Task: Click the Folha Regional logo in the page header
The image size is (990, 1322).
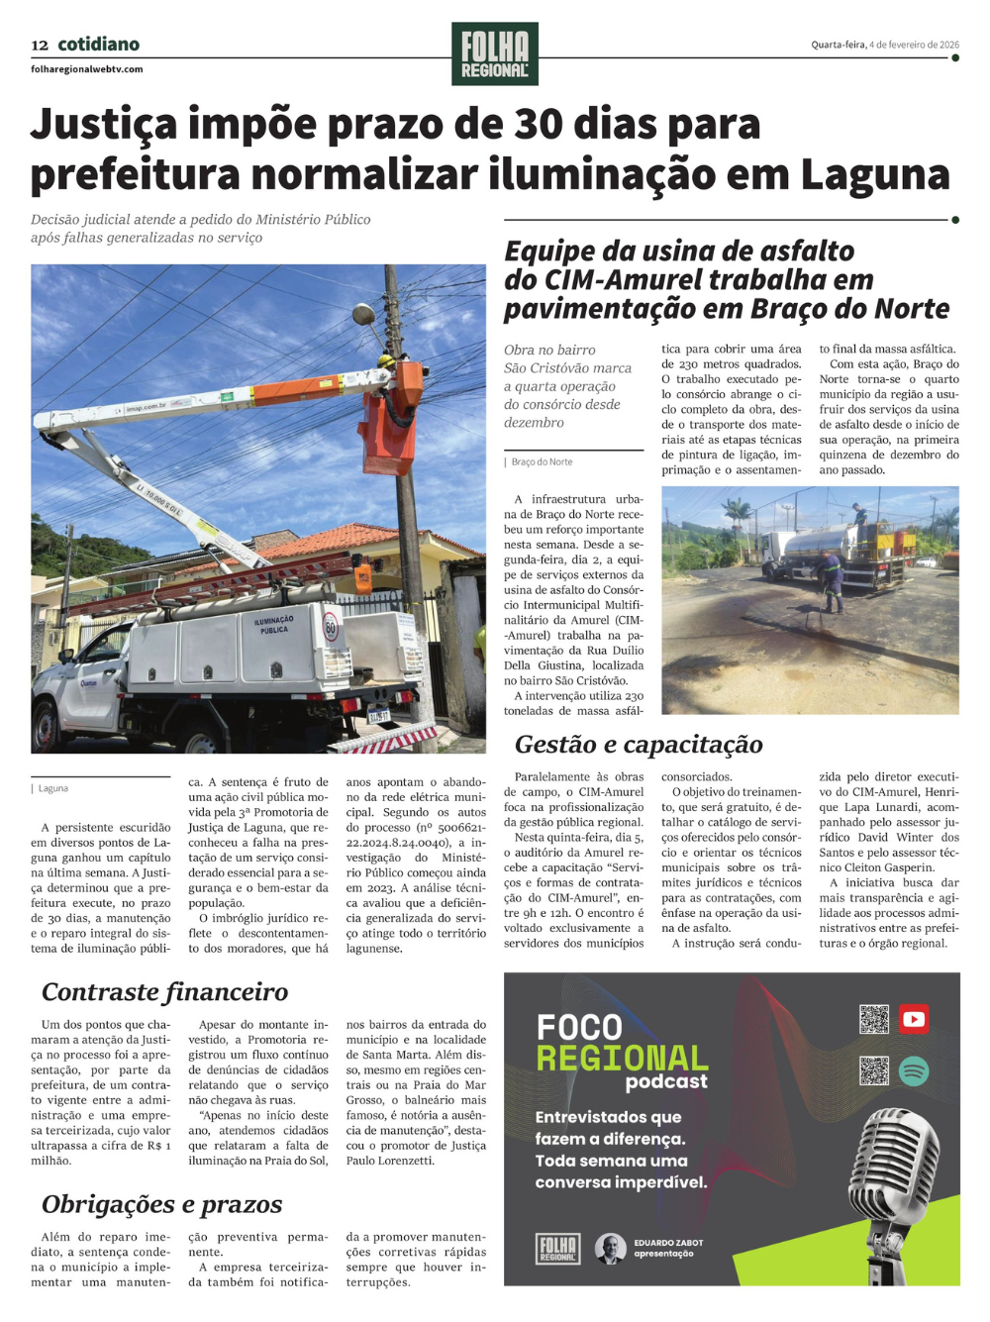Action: (494, 53)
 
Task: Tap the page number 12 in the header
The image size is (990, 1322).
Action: (40, 45)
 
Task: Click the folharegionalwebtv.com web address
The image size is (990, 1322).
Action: (87, 69)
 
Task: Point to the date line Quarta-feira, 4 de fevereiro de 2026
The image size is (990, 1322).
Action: (884, 45)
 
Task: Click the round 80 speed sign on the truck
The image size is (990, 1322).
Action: (331, 628)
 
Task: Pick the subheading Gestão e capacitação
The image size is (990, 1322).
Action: (639, 745)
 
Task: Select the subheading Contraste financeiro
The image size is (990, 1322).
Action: (164, 992)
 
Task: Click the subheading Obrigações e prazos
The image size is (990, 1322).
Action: (161, 1204)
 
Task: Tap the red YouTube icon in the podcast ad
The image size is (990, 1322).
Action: (914, 1019)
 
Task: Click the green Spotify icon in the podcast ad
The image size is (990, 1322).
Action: (914, 1070)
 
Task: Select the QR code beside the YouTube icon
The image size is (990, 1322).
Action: (873, 1019)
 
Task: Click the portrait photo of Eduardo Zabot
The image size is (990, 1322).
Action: (610, 1249)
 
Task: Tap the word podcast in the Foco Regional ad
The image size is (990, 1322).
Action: (665, 1081)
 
